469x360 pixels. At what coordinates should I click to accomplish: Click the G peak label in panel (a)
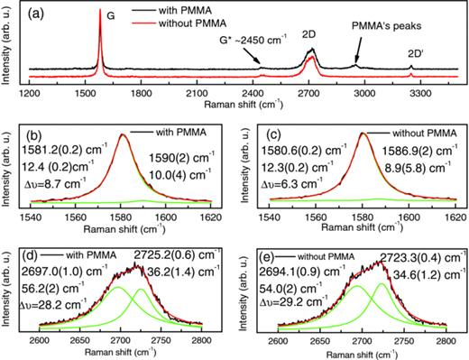pos(110,15)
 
